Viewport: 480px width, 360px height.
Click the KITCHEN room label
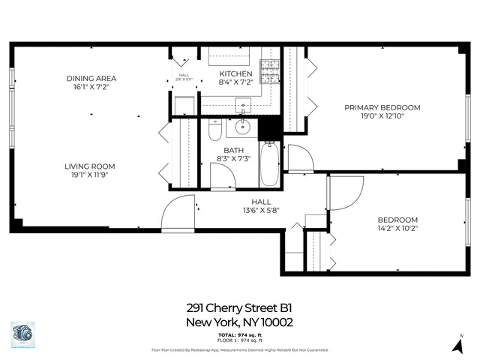point(235,74)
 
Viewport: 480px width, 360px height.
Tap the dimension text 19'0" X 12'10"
point(382,117)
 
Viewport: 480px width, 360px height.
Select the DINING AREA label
point(91,78)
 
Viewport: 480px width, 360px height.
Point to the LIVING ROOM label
point(89,166)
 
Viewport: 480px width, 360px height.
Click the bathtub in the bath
point(270,164)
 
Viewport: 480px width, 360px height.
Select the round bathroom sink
point(242,127)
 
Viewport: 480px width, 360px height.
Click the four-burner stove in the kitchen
point(269,73)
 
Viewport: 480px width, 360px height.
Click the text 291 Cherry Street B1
point(239,308)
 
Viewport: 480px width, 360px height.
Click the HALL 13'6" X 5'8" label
point(261,206)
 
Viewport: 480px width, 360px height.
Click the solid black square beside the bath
point(268,130)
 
